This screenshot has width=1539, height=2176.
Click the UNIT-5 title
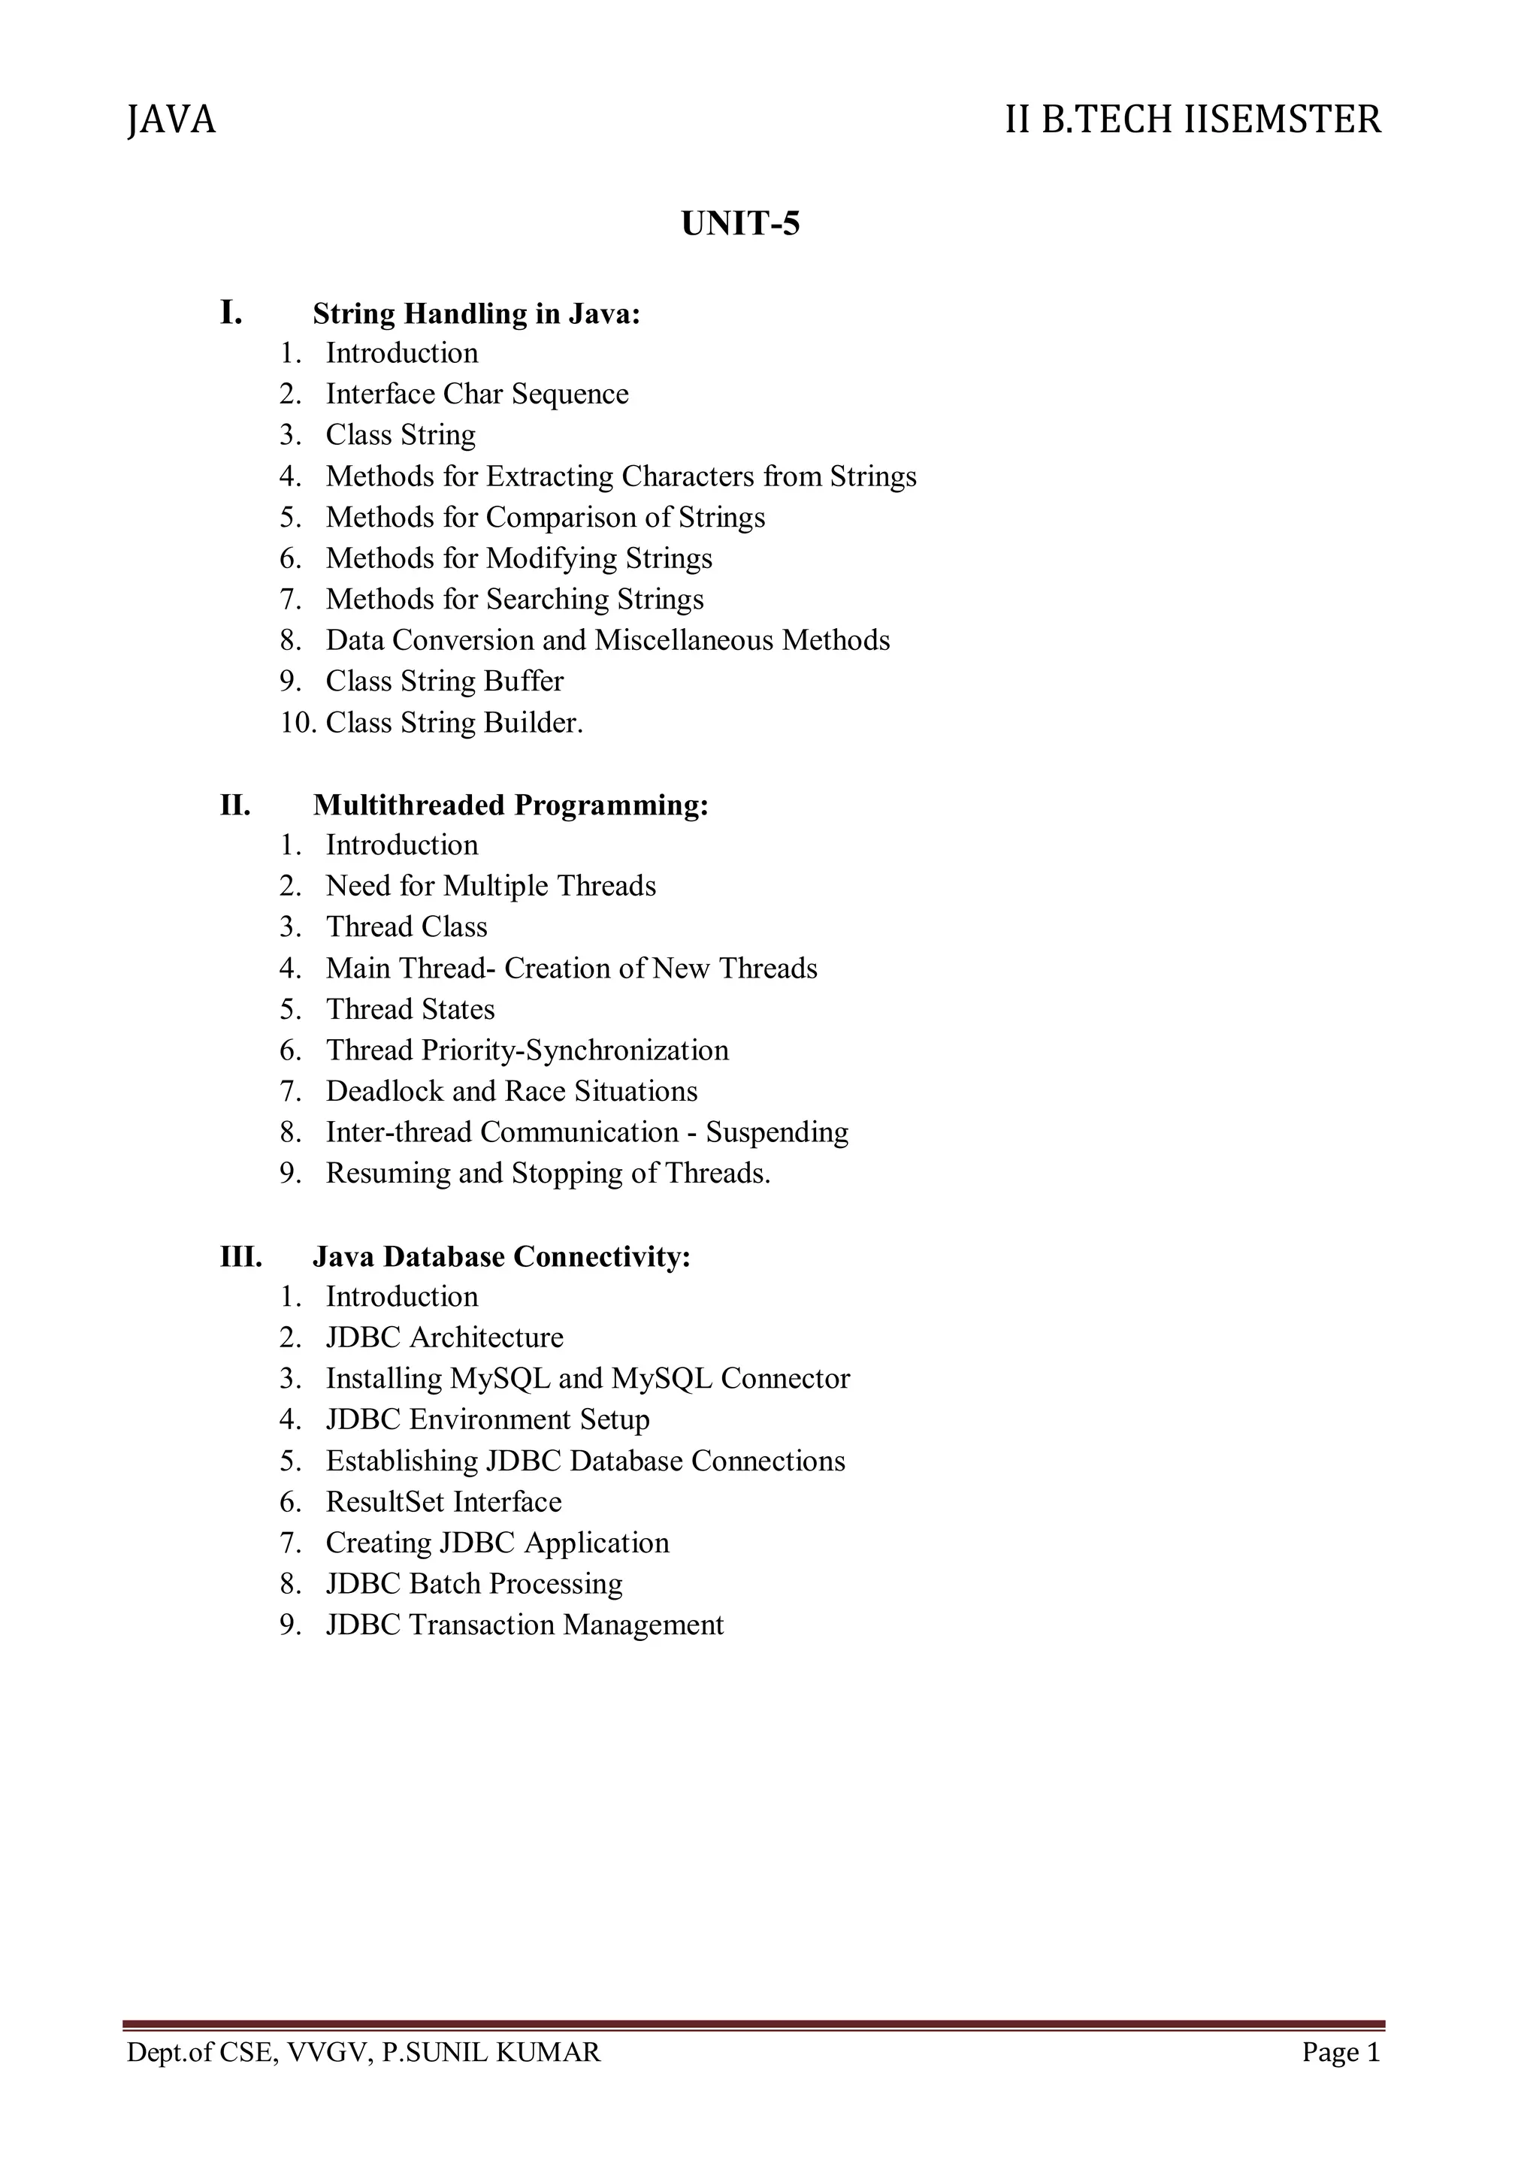pyautogui.click(x=740, y=224)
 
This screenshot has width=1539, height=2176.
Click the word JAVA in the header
pyautogui.click(x=171, y=120)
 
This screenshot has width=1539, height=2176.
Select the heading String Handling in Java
pyautogui.click(x=476, y=313)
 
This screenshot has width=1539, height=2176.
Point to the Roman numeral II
pyautogui.click(x=236, y=805)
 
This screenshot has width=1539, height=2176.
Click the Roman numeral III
pyautogui.click(x=240, y=1258)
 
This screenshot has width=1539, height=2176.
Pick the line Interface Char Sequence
pyautogui.click(x=476, y=394)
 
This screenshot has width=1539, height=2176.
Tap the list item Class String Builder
pyautogui.click(x=454, y=723)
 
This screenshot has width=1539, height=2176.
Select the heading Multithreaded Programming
pyautogui.click(x=511, y=805)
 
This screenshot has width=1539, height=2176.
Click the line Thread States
pyautogui.click(x=410, y=1009)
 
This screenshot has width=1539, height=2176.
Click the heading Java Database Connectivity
pyautogui.click(x=501, y=1258)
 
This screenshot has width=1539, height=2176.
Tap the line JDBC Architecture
pyautogui.click(x=444, y=1338)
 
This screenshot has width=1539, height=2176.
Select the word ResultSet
pyautogui.click(x=385, y=1502)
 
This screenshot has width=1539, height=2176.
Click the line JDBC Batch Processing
pyautogui.click(x=474, y=1585)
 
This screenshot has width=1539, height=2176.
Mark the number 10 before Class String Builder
pyautogui.click(x=297, y=723)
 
